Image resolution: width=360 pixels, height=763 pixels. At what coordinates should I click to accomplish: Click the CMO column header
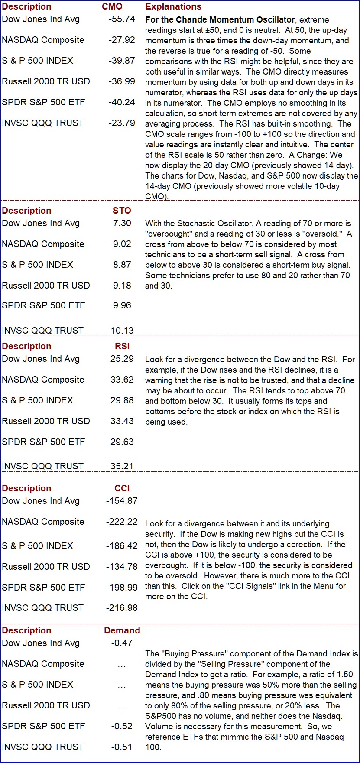click(x=112, y=7)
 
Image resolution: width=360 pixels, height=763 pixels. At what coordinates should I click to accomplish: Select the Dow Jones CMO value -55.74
click(x=122, y=19)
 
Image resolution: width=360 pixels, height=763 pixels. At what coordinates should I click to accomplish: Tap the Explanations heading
click(x=173, y=7)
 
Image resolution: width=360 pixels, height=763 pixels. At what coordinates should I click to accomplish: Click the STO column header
click(x=122, y=211)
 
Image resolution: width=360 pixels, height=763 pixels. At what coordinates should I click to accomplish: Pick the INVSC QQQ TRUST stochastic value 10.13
click(x=122, y=331)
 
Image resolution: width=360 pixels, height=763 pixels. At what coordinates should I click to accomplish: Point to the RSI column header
click(x=122, y=347)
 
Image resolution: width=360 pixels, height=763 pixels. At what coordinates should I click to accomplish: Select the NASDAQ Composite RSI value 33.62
click(x=122, y=380)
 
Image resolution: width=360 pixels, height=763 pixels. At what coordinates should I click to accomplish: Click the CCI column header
click(x=122, y=489)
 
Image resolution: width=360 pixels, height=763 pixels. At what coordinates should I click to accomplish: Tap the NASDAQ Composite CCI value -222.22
click(x=122, y=522)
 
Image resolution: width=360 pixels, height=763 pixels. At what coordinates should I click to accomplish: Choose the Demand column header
click(x=122, y=631)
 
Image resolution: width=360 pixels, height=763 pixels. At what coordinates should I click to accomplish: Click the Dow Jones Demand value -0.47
click(x=122, y=643)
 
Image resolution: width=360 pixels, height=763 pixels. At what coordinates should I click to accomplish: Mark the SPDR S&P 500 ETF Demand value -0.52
click(x=122, y=726)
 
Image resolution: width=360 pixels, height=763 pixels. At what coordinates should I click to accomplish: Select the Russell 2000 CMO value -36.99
click(x=122, y=81)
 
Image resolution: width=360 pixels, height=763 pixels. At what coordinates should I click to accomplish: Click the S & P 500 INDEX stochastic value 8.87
click(x=122, y=265)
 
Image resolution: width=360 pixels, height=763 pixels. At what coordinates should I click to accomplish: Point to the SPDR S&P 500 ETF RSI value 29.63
click(x=122, y=442)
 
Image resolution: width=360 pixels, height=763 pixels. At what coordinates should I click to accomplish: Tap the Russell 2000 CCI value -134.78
click(x=122, y=567)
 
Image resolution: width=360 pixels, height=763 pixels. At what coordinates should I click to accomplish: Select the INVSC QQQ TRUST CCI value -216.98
click(x=122, y=608)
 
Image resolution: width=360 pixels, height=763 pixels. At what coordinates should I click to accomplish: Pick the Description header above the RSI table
click(x=26, y=347)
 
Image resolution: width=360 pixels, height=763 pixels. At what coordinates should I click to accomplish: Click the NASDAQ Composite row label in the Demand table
click(x=43, y=664)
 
